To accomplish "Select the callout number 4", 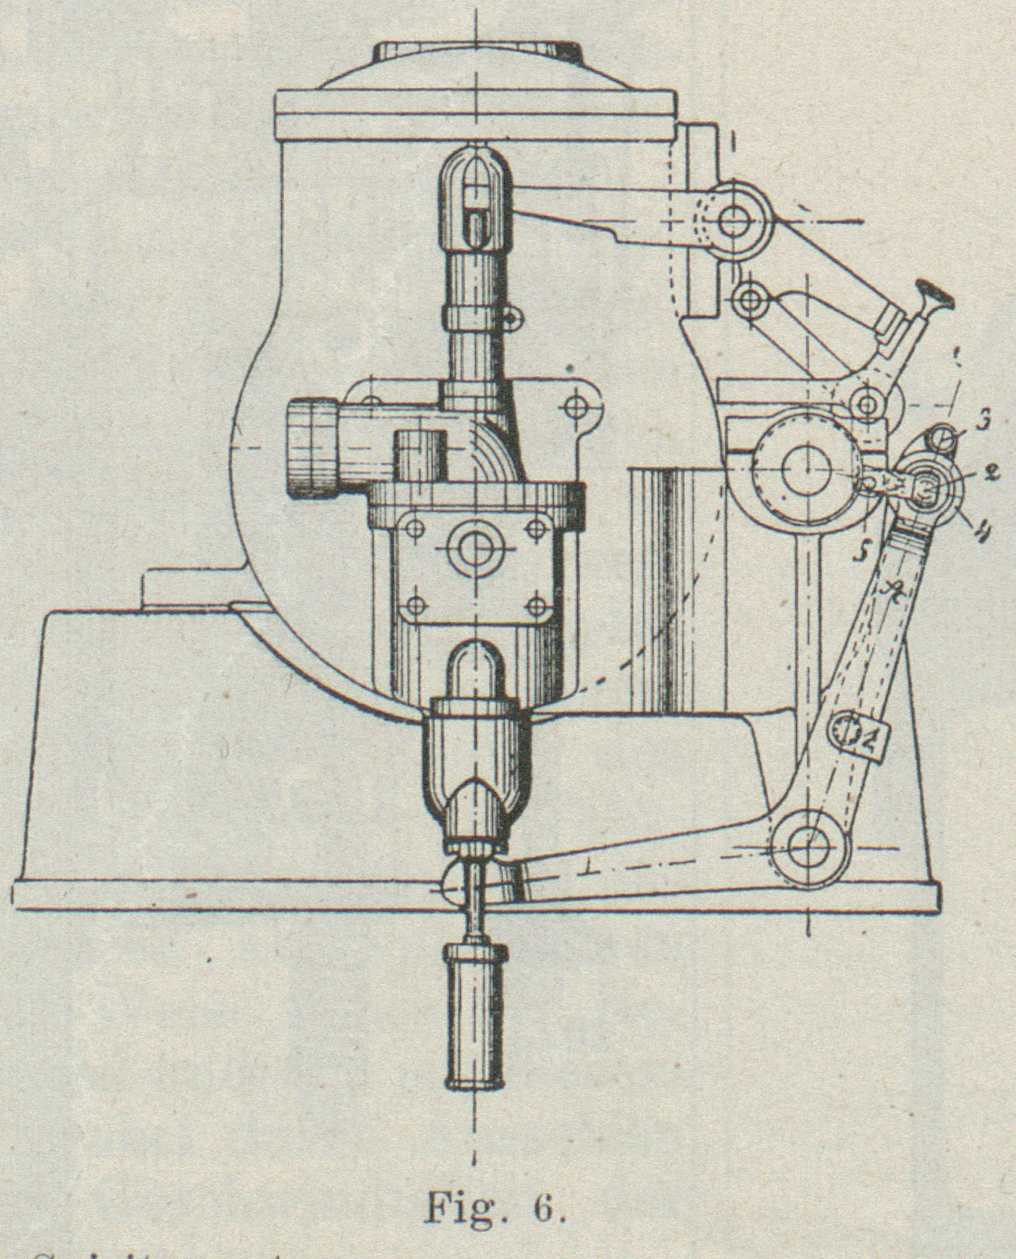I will coord(978,531).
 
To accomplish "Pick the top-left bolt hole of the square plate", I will coord(416,527).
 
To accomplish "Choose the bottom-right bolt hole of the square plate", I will coord(537,606).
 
